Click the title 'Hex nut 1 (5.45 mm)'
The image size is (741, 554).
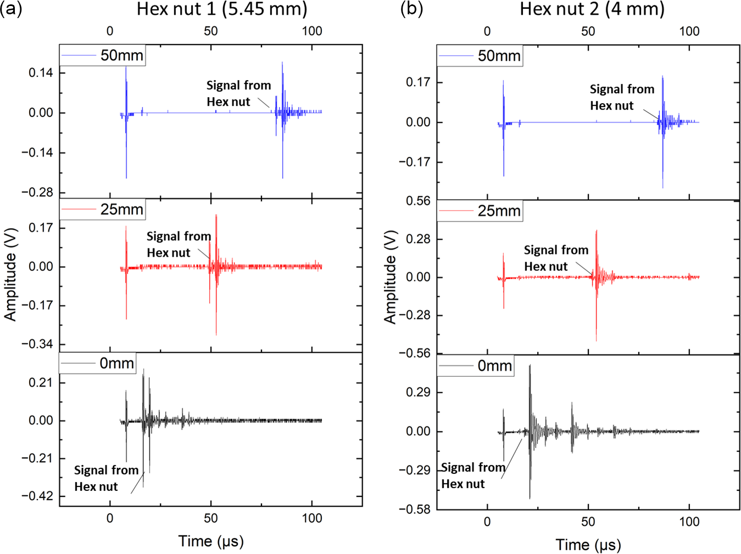(x=222, y=9)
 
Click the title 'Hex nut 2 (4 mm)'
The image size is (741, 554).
(x=592, y=9)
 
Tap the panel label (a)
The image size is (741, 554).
(x=11, y=9)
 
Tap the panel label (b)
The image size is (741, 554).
(x=411, y=9)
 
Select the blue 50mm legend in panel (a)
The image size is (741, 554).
(x=103, y=55)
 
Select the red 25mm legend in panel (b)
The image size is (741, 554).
(x=480, y=211)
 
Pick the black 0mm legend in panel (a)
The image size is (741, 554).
(x=98, y=364)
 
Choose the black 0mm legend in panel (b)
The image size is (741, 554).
(x=476, y=366)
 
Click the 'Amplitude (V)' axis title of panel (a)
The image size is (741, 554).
(x=10, y=274)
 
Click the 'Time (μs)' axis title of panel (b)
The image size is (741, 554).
(x=588, y=545)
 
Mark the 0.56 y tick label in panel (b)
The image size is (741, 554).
(x=418, y=201)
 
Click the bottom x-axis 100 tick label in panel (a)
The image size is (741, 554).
(x=312, y=518)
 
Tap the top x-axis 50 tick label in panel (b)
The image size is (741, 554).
(x=588, y=31)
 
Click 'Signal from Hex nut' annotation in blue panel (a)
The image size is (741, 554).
(x=238, y=94)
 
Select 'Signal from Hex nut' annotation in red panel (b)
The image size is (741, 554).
(x=555, y=258)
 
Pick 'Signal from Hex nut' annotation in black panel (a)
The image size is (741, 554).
(x=106, y=478)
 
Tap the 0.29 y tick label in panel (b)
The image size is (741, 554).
(x=418, y=393)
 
